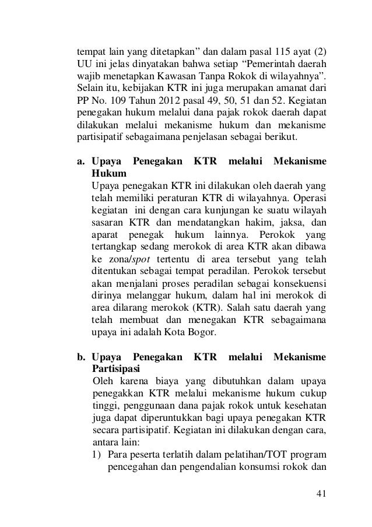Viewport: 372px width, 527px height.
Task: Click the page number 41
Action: [x=320, y=495]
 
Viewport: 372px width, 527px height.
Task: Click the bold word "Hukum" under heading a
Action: [x=108, y=174]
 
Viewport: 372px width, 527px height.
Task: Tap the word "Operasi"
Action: [x=308, y=202]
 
